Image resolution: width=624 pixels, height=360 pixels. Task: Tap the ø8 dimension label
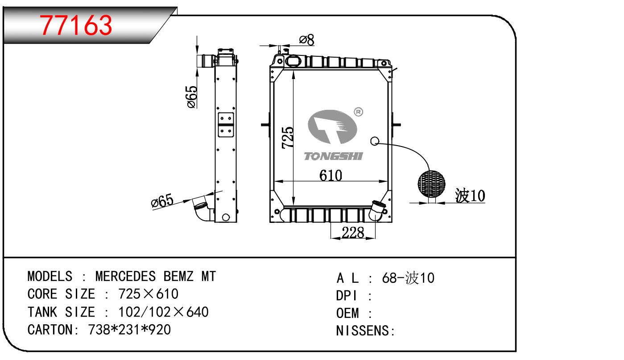[306, 40]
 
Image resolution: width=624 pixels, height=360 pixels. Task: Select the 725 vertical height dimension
[288, 138]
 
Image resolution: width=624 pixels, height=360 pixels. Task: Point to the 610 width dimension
[331, 176]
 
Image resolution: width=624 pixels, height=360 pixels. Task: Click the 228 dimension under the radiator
[352, 232]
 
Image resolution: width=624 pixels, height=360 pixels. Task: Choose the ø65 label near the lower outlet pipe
[162, 202]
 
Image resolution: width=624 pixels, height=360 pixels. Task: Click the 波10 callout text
[470, 196]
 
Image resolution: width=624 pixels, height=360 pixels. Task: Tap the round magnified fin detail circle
[431, 184]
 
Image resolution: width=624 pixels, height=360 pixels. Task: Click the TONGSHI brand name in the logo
[333, 156]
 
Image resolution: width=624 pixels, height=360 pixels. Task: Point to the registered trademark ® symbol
[358, 112]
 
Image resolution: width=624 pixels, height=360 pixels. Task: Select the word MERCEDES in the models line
[126, 276]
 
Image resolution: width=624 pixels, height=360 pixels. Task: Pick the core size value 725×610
[148, 294]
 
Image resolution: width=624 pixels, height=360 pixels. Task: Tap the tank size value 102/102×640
[163, 312]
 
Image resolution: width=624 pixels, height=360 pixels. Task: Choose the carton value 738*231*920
[129, 330]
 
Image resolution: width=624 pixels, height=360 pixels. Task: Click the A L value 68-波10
[408, 278]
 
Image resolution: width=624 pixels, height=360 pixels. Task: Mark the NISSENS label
[363, 331]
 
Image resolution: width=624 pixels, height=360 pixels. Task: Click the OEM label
[347, 313]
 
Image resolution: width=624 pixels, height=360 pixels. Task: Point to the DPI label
[347, 296]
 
